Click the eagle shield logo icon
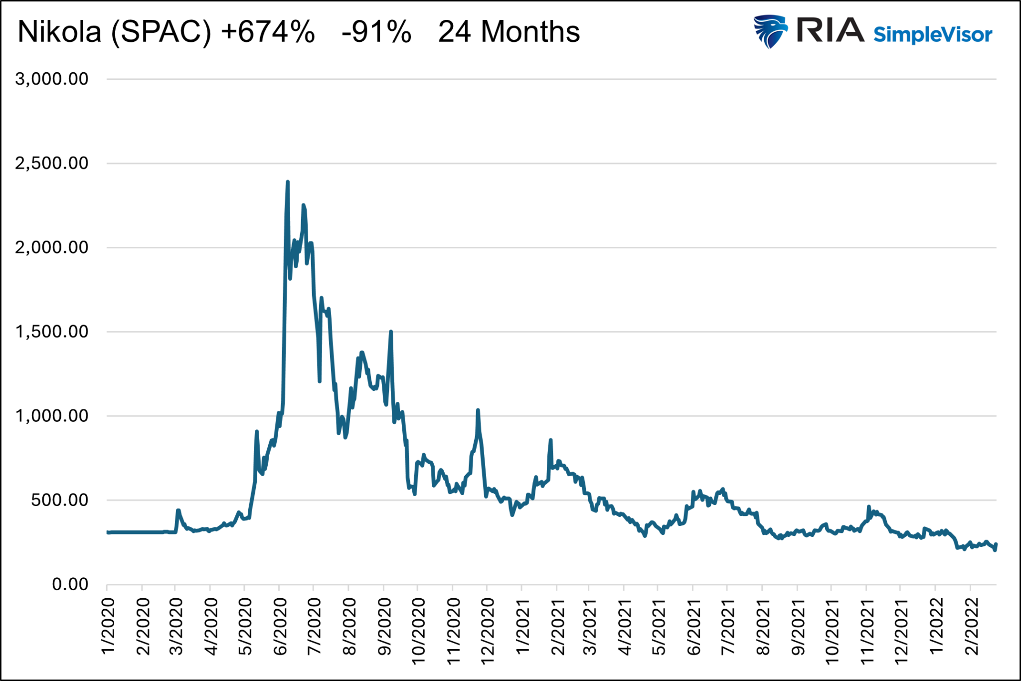(x=770, y=31)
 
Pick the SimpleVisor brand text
(x=933, y=35)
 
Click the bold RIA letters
(x=830, y=30)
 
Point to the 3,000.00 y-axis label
(x=52, y=79)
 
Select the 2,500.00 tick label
(x=52, y=163)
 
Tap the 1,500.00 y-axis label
(x=52, y=332)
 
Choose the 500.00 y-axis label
(x=59, y=500)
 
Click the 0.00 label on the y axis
(x=70, y=584)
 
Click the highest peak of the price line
(x=288, y=182)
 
